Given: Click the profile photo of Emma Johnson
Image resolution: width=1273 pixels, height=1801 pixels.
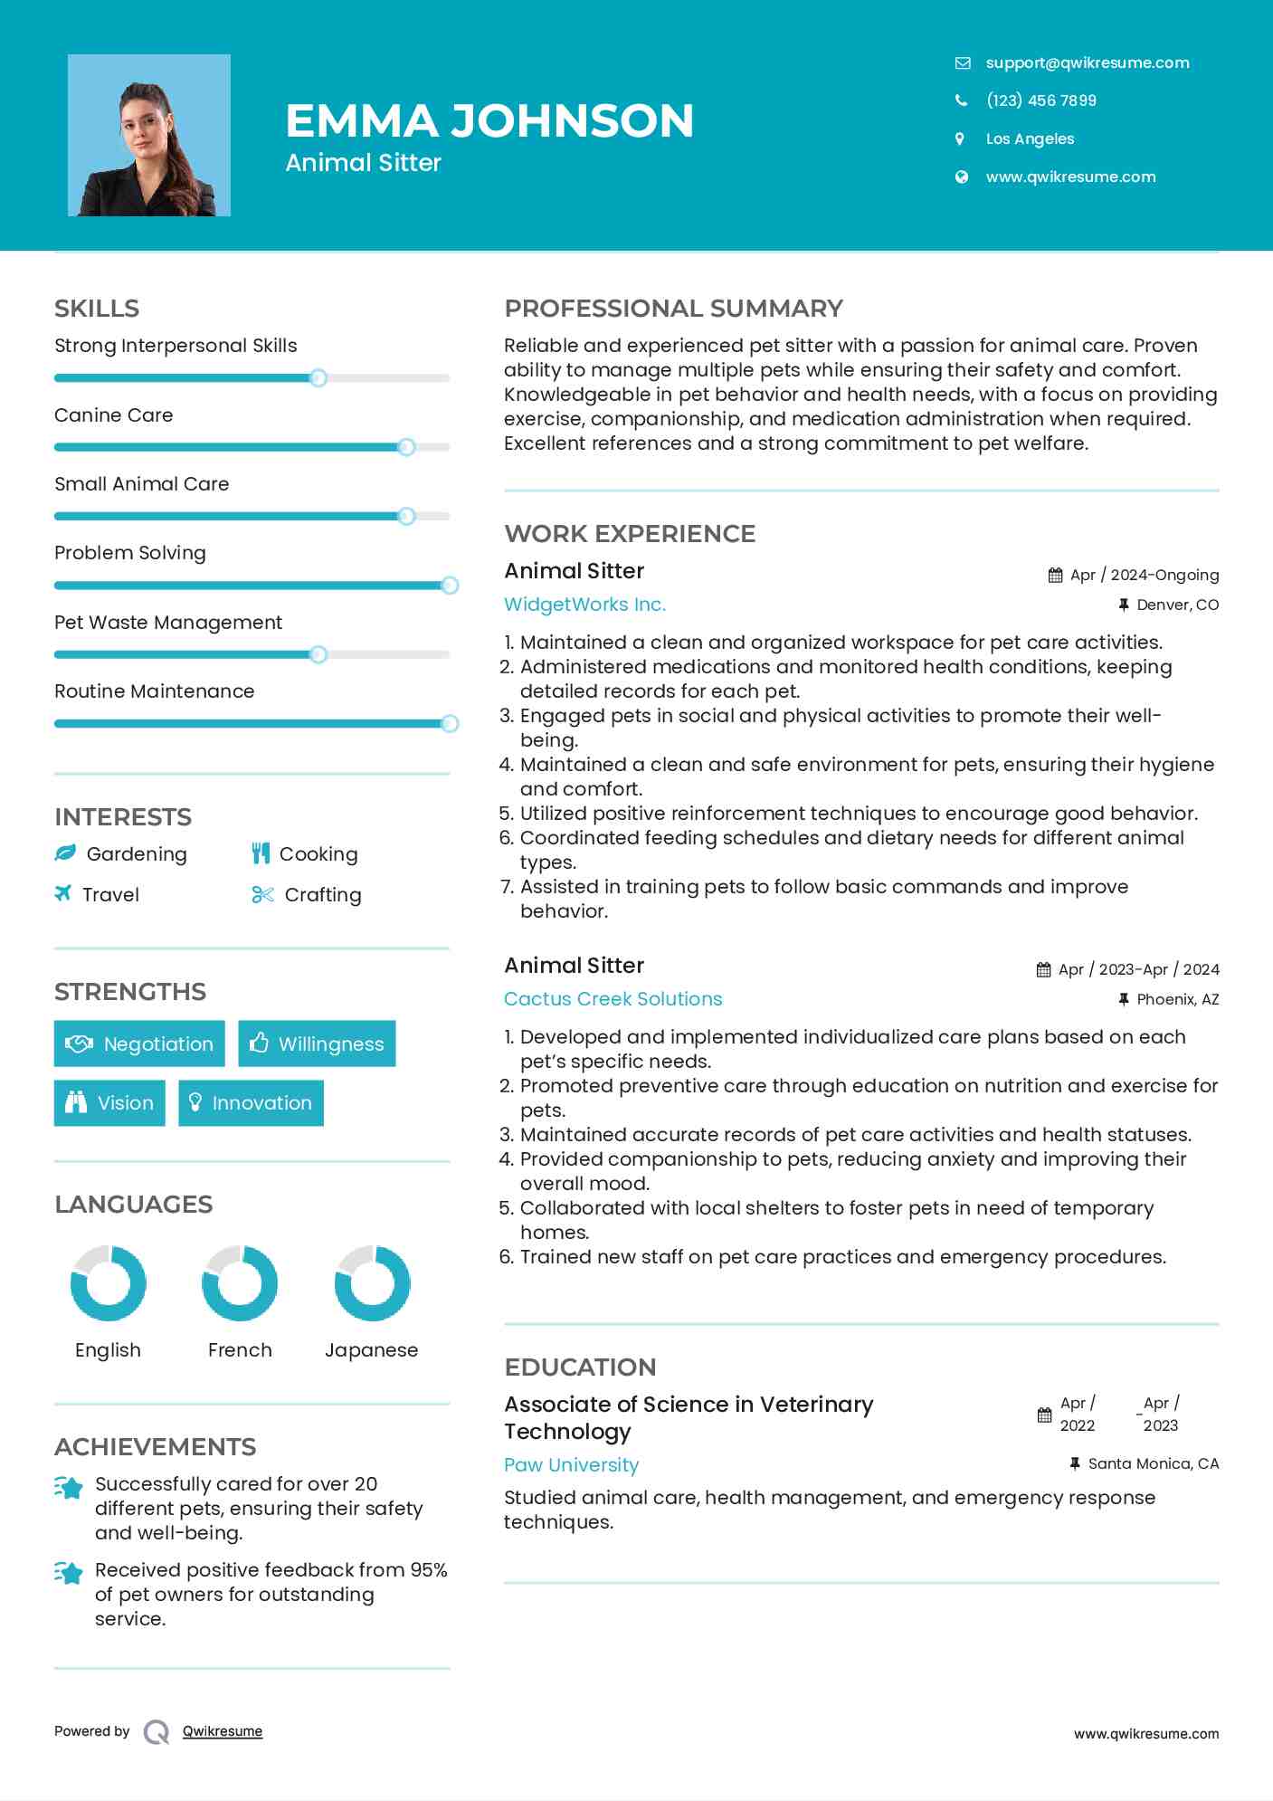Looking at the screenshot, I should tap(149, 136).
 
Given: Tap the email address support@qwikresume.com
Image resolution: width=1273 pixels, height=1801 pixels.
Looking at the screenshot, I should tap(1087, 62).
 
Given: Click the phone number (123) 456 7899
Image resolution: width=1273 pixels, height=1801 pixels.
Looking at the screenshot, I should tap(1040, 100).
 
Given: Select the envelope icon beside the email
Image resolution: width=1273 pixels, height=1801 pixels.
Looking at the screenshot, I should tap(962, 63).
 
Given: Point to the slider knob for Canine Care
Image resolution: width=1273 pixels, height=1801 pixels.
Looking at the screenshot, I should tap(406, 447).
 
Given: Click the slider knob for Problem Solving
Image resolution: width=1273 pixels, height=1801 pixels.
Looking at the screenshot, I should tap(450, 586).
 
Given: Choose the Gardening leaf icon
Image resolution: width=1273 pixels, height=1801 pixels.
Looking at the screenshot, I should tap(65, 853).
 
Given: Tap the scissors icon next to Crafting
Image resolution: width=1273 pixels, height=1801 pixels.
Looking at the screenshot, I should tap(262, 895).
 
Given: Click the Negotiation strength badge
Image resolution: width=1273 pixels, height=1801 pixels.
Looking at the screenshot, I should tap(139, 1043).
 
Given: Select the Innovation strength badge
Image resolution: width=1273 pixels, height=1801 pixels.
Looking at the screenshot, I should tap(251, 1103).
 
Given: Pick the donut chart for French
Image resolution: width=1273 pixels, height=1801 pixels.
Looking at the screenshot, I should tap(240, 1283).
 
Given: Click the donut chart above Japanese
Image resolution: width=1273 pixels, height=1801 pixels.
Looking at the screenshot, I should tap(372, 1283).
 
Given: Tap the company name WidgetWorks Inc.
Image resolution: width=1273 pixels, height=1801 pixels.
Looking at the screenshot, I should tap(584, 605).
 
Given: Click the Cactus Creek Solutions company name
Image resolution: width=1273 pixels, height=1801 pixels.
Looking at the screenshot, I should tap(613, 999).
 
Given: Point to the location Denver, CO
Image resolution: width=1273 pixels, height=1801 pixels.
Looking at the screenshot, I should tap(1177, 605).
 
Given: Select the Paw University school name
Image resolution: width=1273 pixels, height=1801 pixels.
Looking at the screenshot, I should tap(571, 1465).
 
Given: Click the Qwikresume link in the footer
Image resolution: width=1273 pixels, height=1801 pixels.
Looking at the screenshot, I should tap(223, 1731).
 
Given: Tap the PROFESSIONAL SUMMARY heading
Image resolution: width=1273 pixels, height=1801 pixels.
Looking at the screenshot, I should tap(673, 309).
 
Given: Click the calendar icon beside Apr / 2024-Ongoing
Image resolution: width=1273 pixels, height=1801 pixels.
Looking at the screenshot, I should tap(1055, 576).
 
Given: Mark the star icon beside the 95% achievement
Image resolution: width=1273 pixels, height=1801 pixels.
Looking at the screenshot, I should tap(68, 1573).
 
